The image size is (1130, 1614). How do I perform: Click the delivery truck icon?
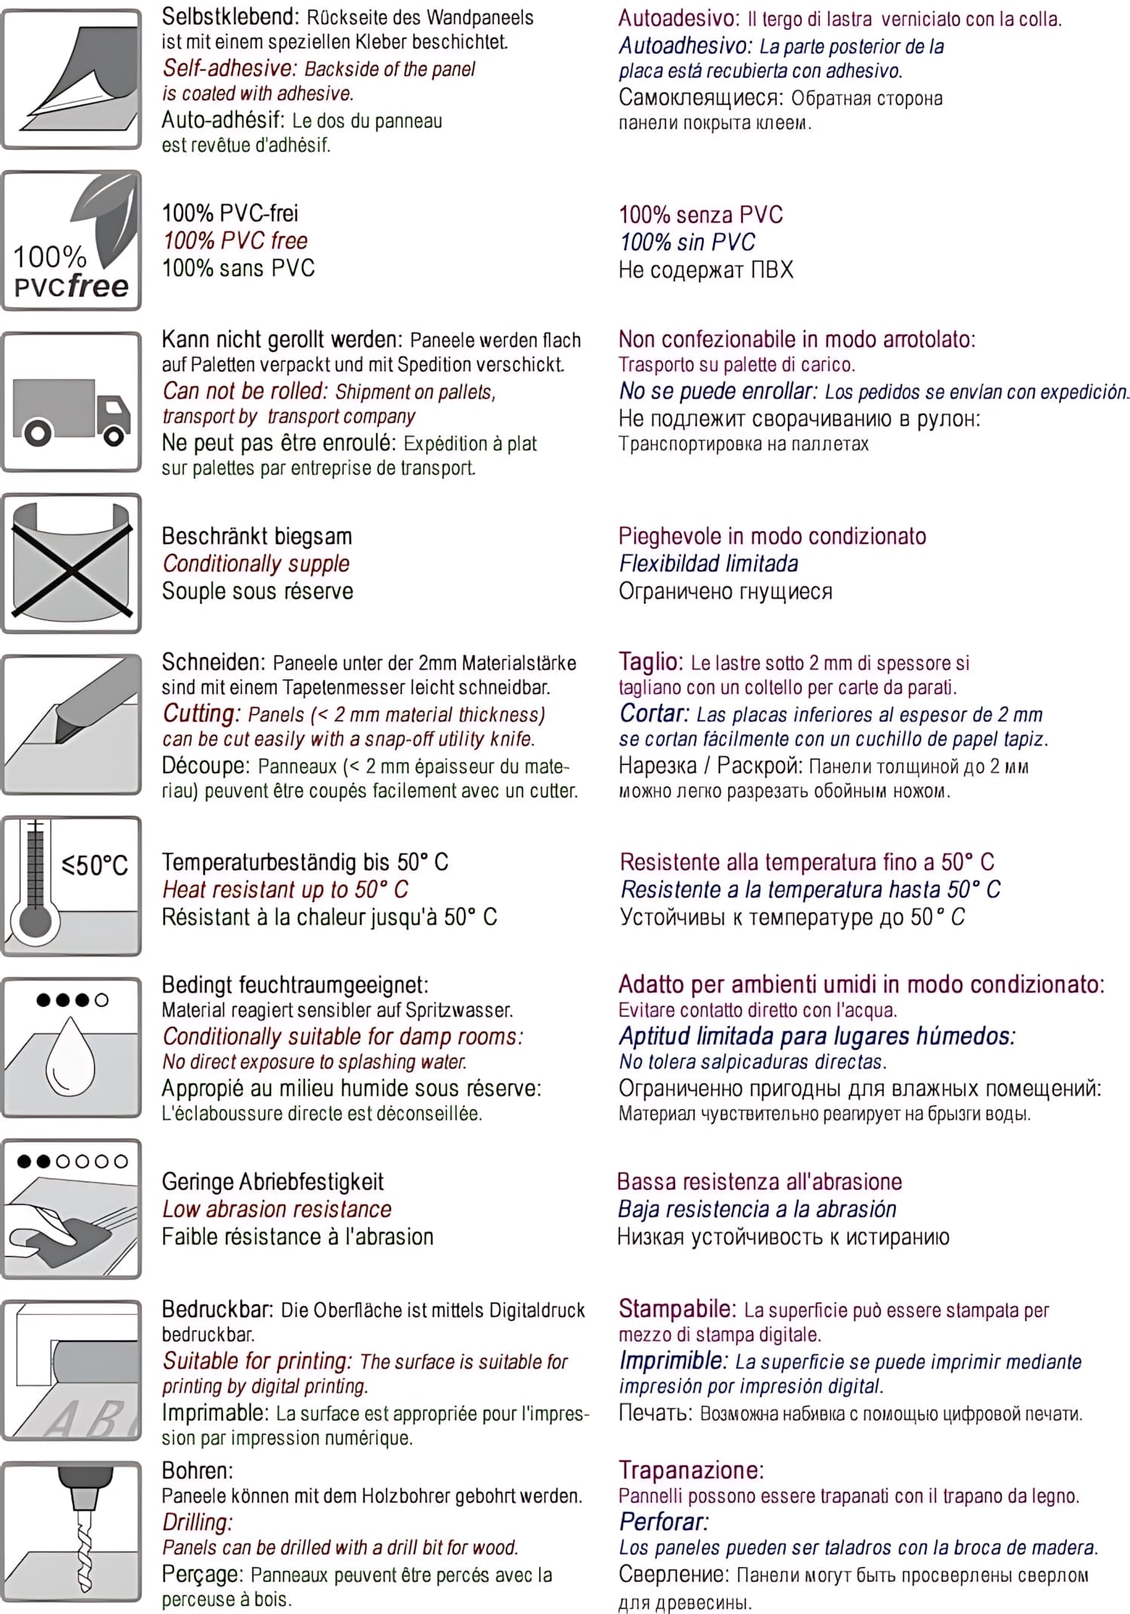click(72, 411)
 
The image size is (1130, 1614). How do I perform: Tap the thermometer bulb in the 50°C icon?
click(35, 921)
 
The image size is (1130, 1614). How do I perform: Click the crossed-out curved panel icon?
click(72, 563)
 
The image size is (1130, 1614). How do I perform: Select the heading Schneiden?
click(213, 662)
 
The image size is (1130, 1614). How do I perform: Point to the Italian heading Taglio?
click(650, 662)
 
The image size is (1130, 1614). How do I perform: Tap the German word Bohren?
click(197, 1470)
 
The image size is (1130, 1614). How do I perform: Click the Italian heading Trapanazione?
click(691, 1470)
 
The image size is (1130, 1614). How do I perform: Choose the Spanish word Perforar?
click(664, 1521)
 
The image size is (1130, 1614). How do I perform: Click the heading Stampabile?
click(676, 1309)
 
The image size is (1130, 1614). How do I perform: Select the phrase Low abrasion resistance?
click(276, 1209)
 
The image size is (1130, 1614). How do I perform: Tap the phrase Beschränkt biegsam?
click(257, 536)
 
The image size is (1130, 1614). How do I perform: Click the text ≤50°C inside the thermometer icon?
click(95, 865)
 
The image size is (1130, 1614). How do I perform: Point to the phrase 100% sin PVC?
click(687, 242)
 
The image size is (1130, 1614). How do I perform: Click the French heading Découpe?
click(205, 766)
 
